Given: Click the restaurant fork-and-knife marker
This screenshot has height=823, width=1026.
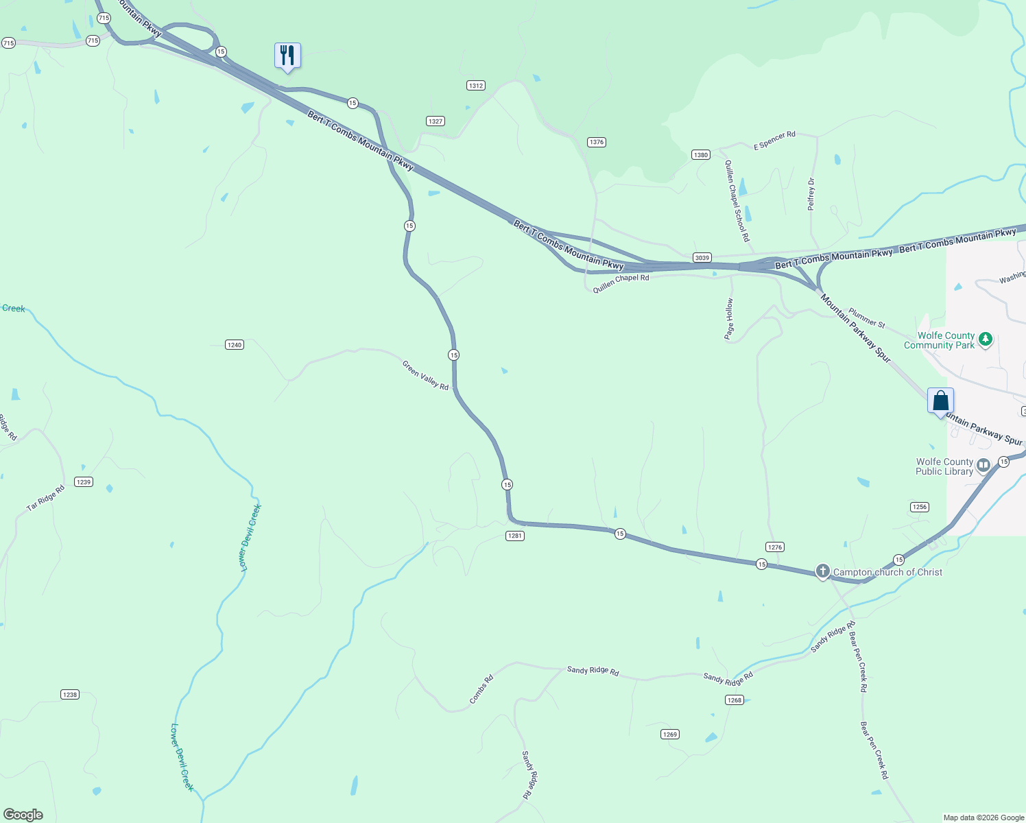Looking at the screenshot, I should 287,56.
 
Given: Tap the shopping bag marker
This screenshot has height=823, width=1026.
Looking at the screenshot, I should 940,401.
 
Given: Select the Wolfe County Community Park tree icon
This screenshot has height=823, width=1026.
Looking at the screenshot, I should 986,339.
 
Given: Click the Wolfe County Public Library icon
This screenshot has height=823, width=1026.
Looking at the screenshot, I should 983,466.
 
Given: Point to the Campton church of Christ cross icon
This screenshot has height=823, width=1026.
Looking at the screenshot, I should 823,571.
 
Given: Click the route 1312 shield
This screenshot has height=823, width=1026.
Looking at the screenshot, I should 476,86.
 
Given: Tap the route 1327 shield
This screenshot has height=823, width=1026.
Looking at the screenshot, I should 436,121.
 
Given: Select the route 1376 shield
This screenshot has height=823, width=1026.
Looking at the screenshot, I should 597,142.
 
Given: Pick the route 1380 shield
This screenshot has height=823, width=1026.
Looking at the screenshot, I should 700,155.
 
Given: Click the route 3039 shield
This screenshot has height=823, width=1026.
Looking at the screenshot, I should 702,258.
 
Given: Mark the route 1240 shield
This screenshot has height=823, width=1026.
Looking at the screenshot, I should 235,344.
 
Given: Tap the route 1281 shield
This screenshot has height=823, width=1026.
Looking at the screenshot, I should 515,536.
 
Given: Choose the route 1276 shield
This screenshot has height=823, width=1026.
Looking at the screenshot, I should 775,547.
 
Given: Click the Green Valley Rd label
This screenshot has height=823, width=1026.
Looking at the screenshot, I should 425,376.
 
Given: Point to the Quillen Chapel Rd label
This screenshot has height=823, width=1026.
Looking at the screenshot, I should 621,283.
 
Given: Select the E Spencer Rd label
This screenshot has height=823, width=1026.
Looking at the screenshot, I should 774,141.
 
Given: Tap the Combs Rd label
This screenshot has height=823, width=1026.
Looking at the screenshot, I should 481,689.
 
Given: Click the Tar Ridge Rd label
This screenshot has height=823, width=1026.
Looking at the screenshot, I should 45,498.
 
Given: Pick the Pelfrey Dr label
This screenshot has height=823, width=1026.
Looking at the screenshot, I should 811,194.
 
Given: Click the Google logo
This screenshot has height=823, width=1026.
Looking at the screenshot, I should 23,815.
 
